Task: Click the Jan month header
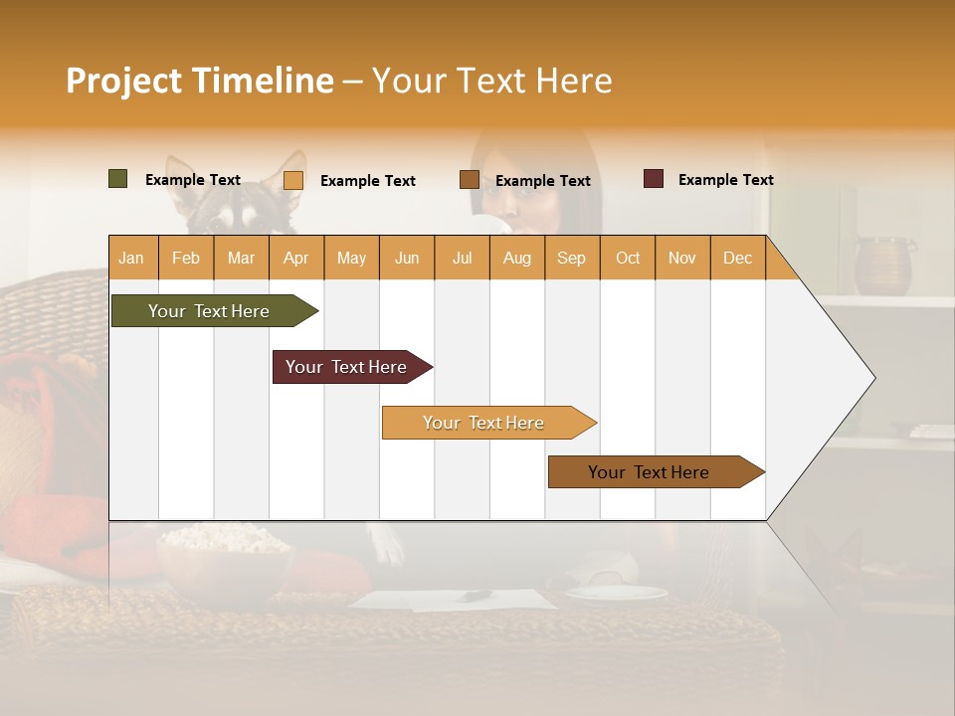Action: pos(132,258)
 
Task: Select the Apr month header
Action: pos(295,258)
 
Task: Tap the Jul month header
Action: pos(462,258)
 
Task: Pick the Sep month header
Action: pos(571,258)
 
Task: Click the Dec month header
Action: pos(737,258)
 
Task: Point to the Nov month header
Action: pos(681,258)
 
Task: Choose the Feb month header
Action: pos(186,258)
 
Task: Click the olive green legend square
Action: pos(118,179)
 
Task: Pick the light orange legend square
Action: pos(293,180)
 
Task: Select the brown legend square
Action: pos(470,180)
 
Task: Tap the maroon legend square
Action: pos(654,179)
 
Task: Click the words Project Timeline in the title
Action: pos(200,81)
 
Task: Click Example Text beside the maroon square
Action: pos(725,180)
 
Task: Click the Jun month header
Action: pos(407,258)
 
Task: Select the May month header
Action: pos(351,258)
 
